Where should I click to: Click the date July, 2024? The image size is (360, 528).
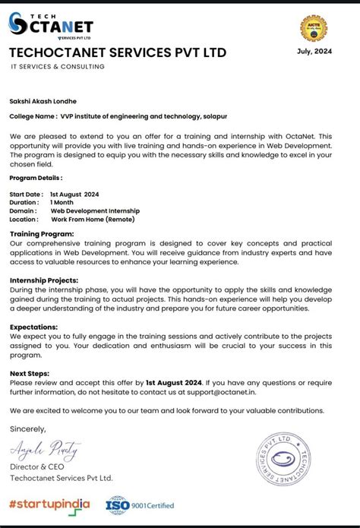click(x=314, y=51)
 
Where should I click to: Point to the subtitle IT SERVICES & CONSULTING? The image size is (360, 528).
click(x=58, y=67)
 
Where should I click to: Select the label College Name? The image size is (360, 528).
click(x=33, y=116)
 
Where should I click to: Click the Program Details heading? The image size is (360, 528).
click(x=36, y=177)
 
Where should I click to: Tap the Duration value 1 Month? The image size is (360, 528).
click(x=62, y=203)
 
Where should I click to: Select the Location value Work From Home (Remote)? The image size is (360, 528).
click(x=93, y=220)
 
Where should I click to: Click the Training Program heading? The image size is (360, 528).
click(x=42, y=234)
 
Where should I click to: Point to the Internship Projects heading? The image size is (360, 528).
click(x=45, y=280)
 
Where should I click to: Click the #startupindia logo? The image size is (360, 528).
click(x=49, y=504)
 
